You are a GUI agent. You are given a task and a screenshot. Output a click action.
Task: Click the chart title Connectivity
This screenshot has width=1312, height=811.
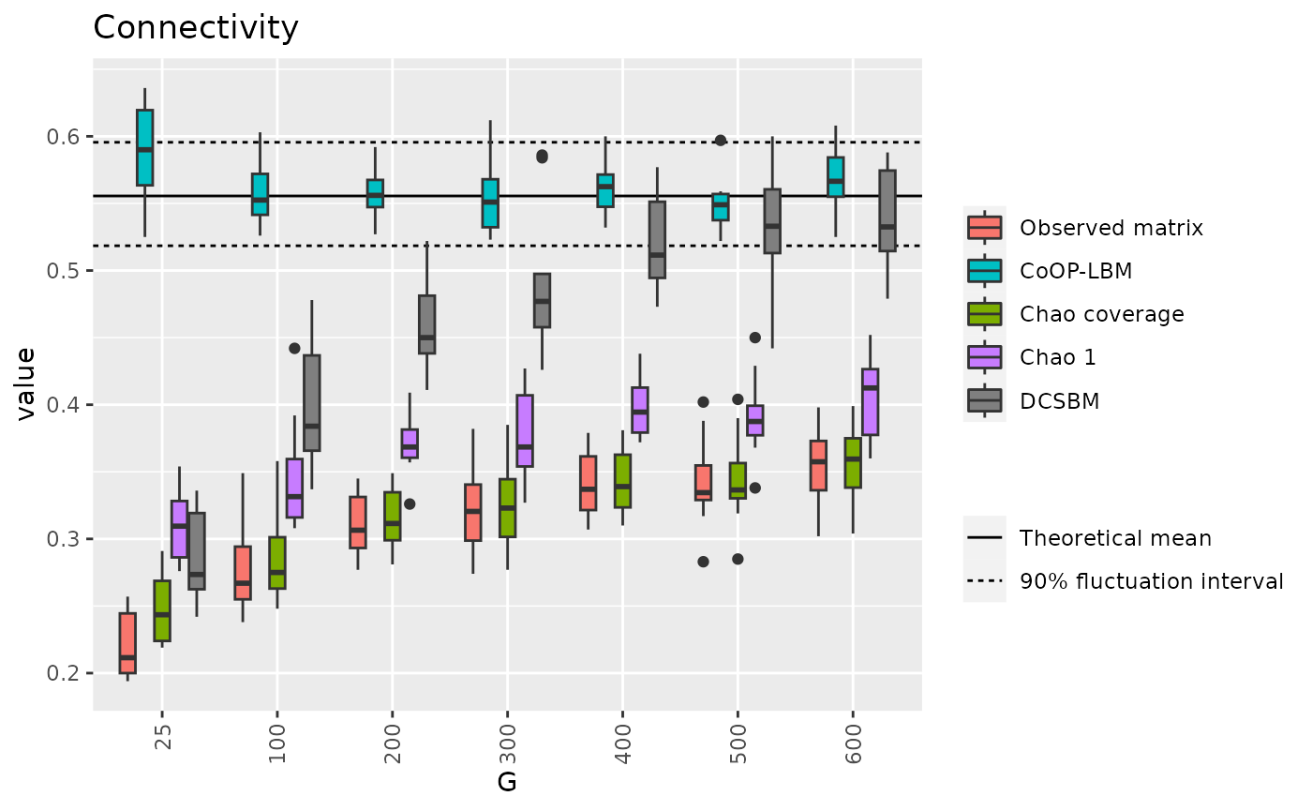coord(196,28)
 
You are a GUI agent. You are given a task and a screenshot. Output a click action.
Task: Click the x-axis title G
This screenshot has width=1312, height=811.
coord(507,782)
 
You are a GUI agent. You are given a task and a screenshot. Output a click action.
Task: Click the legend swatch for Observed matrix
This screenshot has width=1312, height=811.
coord(984,227)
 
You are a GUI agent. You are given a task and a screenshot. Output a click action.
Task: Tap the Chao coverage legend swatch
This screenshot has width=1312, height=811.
coord(984,313)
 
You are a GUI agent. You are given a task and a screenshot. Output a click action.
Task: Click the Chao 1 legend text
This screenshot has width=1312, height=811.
coord(1058,357)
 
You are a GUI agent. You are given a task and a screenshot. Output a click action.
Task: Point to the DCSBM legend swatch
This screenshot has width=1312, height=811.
coord(984,400)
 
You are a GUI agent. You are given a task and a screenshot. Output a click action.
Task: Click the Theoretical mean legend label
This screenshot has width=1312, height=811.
coord(1115,538)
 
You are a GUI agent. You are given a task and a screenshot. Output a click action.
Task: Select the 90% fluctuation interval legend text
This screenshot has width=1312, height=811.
coord(1151,581)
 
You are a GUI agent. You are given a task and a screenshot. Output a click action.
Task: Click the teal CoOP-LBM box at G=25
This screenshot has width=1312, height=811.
coord(145,148)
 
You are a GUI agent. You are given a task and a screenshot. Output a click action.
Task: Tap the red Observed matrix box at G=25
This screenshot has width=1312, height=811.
coord(127,643)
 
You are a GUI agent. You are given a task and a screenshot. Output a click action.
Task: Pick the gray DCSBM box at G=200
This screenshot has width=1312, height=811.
coord(426,324)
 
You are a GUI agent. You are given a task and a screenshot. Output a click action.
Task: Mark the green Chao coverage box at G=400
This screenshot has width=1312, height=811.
coord(622,481)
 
